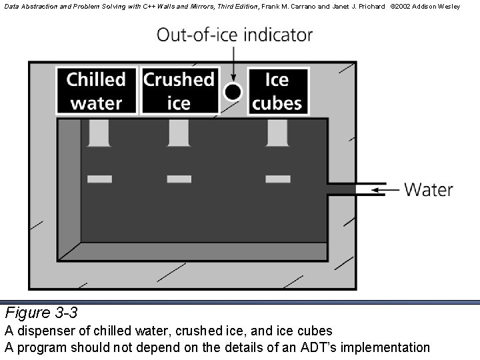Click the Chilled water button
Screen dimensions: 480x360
[96, 91]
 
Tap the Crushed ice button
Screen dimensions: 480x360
[179, 91]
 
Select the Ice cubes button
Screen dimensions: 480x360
[277, 91]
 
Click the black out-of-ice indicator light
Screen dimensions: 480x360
[233, 92]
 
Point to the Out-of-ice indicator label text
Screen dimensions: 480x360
[235, 35]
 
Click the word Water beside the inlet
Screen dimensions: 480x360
[429, 190]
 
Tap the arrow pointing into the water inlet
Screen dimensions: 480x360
[385, 190]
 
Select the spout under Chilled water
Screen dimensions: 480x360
[99, 133]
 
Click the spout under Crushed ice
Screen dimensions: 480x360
[179, 133]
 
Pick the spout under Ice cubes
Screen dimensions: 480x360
[277, 133]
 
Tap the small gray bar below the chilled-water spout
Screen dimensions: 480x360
[99, 179]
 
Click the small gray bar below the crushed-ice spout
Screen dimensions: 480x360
[179, 179]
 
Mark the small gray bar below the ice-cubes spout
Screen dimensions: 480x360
[277, 179]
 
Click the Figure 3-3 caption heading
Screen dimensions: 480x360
[41, 313]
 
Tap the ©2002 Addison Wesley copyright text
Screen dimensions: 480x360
[425, 5]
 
